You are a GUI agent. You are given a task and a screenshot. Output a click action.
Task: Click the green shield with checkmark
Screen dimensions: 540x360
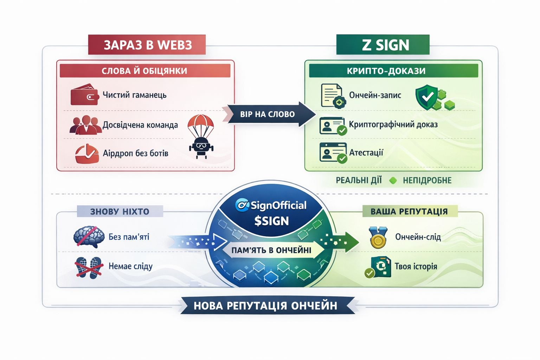(x=426, y=96)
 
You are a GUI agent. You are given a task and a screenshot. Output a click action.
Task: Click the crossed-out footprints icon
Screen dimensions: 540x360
(x=89, y=267)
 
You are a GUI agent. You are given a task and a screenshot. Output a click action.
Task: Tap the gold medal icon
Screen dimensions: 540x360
(x=378, y=238)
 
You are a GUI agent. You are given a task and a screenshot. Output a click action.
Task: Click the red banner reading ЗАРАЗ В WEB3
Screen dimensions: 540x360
(x=147, y=45)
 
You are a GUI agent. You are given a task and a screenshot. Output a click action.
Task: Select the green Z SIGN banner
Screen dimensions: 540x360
(x=383, y=45)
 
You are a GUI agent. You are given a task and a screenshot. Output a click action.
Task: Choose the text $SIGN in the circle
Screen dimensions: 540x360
(x=271, y=221)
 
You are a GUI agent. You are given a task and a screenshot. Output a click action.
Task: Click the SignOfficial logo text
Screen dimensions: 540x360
(x=271, y=205)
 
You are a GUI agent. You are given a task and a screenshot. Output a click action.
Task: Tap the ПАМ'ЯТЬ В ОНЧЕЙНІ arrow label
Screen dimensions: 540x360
(x=271, y=250)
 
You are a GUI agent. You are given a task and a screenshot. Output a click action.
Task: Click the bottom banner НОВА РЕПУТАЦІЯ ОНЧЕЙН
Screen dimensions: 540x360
(x=266, y=306)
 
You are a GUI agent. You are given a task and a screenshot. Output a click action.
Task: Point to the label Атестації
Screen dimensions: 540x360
(x=366, y=153)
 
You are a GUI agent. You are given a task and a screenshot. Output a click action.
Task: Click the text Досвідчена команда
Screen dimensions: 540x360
(x=140, y=125)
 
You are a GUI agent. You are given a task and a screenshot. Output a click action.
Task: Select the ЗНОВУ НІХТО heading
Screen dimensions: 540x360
(x=120, y=211)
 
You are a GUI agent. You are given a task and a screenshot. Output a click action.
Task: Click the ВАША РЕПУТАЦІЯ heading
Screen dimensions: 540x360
(x=409, y=211)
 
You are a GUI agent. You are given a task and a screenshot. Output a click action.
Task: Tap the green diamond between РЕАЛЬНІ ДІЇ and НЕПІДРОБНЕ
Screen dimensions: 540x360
(x=393, y=180)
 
